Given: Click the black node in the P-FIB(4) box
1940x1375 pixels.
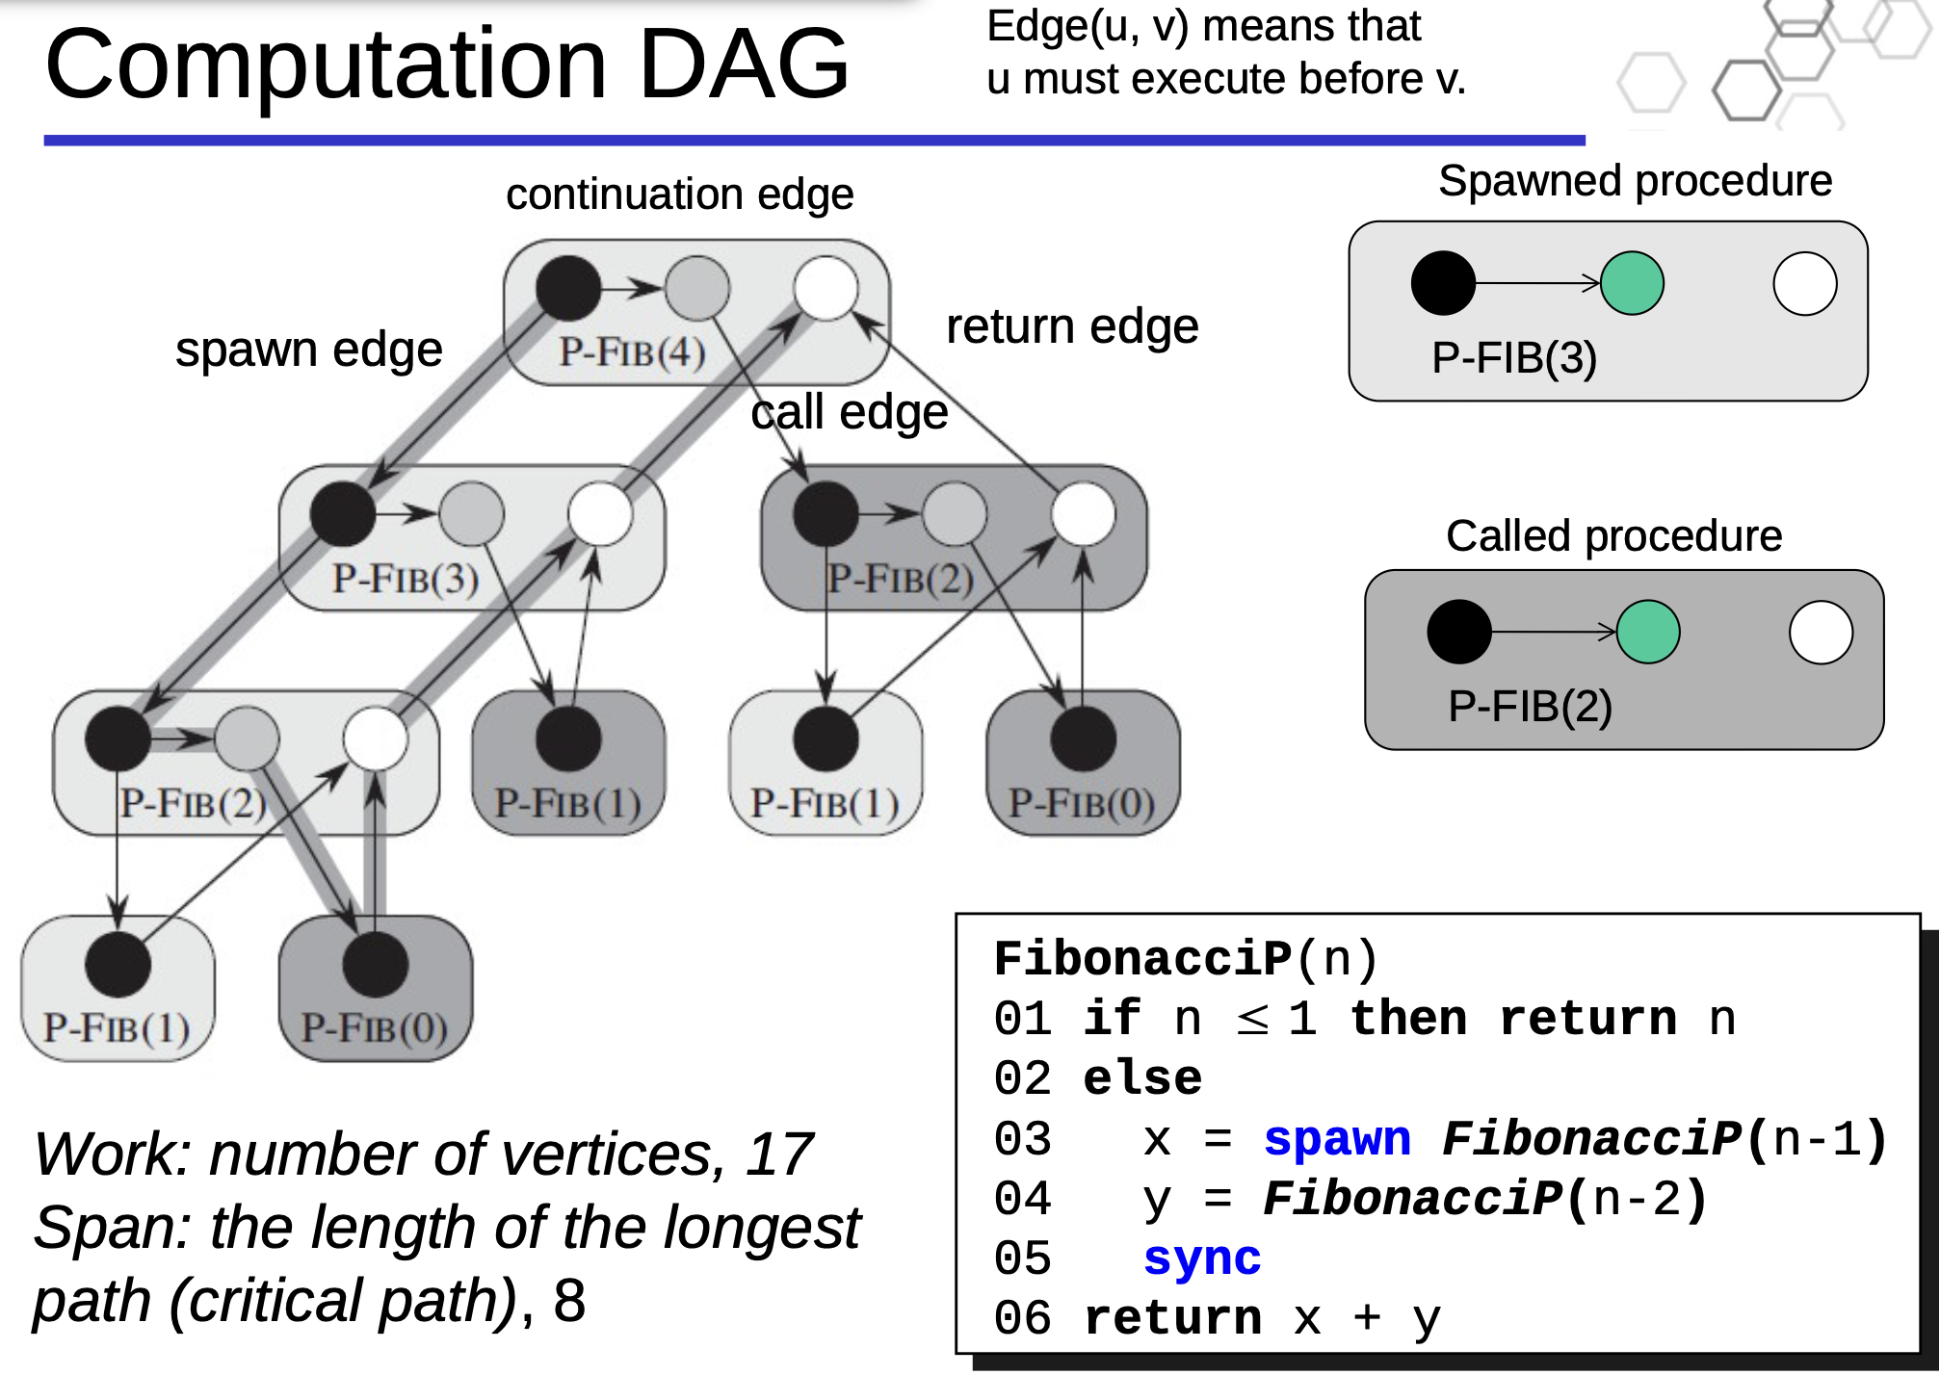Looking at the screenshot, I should click(568, 288).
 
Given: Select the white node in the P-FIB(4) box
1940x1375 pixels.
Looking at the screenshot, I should click(826, 288).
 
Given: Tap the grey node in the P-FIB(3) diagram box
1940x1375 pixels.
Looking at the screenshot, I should click(472, 513).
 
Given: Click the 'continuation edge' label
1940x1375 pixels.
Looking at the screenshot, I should click(679, 195).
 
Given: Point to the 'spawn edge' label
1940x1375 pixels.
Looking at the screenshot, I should click(308, 349).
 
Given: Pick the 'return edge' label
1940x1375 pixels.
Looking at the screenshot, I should click(1072, 326).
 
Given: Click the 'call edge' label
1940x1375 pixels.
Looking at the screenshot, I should click(850, 412).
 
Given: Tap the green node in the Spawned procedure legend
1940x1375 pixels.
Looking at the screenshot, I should click(1632, 283).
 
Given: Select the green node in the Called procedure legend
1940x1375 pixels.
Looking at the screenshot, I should click(1648, 632).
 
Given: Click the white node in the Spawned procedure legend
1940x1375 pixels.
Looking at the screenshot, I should click(1804, 283).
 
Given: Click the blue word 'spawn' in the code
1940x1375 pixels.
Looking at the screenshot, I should click(1337, 1138).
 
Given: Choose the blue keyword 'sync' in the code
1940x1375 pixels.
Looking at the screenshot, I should click(1202, 1258).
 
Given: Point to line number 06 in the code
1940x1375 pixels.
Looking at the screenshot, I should click(1022, 1317).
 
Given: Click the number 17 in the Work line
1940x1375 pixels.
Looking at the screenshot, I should click(779, 1154).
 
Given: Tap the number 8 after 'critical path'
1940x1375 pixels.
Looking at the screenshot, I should click(569, 1300).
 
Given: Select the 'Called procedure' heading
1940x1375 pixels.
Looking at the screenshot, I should click(1613, 535).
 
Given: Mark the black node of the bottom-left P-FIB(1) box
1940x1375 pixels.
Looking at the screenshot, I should click(118, 964).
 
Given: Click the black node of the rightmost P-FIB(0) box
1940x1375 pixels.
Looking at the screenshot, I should click(1083, 739).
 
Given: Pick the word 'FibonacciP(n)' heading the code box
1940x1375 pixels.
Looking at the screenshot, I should click(1186, 958).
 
